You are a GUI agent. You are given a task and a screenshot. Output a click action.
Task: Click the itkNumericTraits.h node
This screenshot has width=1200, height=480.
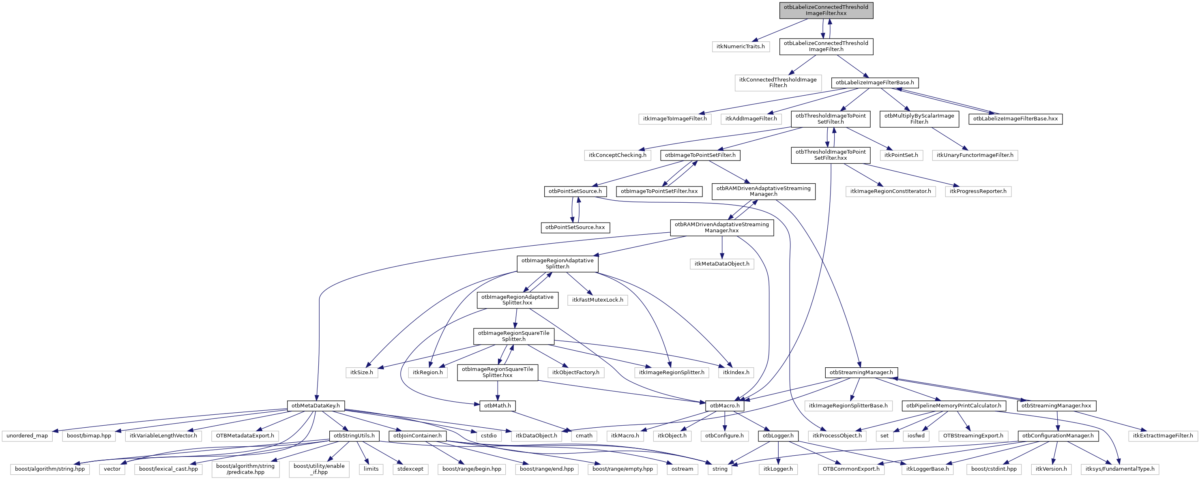coord(741,47)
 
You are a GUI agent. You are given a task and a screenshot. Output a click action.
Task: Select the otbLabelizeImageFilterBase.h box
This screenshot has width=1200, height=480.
coord(874,83)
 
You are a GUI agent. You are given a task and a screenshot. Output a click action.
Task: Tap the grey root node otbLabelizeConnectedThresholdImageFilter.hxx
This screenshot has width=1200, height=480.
coord(826,10)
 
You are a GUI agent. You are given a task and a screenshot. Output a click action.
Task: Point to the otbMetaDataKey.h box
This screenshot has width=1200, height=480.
coord(316,405)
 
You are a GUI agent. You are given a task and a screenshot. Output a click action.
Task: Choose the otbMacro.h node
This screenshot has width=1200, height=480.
coord(724,405)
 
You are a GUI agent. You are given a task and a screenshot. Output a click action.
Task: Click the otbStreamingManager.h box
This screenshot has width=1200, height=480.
coord(861,373)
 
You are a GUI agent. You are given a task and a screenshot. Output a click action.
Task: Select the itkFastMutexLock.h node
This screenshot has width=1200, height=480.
coord(598,300)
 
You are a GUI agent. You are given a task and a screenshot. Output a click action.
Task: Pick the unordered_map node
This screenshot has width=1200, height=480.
coord(28,436)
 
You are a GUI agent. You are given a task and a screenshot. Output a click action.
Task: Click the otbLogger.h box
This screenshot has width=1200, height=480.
coord(778,436)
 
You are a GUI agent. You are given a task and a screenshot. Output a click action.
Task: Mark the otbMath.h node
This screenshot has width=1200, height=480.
coord(498,405)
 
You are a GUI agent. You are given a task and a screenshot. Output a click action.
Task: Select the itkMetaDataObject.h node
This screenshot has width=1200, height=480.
coord(721,264)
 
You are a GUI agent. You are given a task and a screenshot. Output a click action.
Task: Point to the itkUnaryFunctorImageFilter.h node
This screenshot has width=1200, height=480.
coord(975,155)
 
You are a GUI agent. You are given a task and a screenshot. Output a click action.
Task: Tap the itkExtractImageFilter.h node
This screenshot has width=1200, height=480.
coord(1163,436)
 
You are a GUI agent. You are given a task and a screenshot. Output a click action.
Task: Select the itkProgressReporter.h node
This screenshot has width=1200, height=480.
coord(978,191)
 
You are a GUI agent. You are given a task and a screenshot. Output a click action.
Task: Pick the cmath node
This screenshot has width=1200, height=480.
coord(584,436)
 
